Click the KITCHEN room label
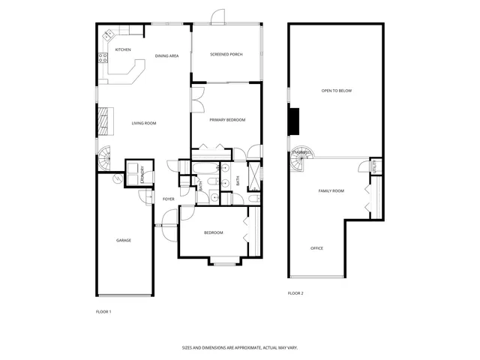click(x=123, y=50)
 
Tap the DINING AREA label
click(x=166, y=56)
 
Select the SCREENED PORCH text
click(x=226, y=55)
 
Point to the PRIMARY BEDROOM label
click(x=227, y=120)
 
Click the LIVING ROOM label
click(x=143, y=123)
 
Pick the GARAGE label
click(x=124, y=240)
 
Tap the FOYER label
click(x=169, y=199)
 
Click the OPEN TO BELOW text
click(x=337, y=91)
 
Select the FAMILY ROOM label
click(x=331, y=191)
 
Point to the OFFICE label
click(x=317, y=248)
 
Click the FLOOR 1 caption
click(x=103, y=311)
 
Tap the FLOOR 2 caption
click(x=295, y=293)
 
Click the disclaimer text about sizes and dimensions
click(x=240, y=348)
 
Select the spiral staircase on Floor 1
click(x=104, y=157)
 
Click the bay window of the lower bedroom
click(x=223, y=262)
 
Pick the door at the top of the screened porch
click(x=217, y=16)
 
